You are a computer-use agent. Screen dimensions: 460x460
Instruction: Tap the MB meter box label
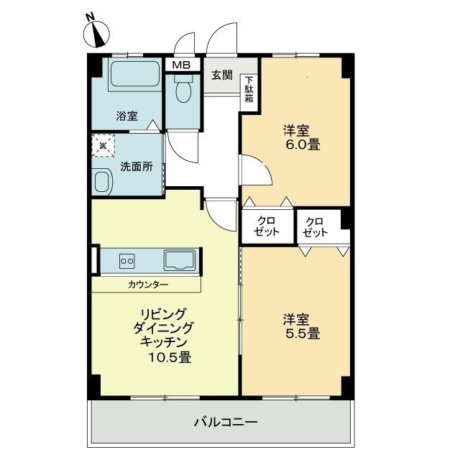coord(180,64)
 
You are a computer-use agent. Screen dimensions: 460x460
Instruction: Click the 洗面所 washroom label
coord(136,166)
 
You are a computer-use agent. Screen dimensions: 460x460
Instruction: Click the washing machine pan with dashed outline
coord(103,147)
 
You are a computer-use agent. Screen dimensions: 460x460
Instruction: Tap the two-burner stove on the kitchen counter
coord(127,260)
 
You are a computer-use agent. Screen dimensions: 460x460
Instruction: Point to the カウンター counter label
coord(149,285)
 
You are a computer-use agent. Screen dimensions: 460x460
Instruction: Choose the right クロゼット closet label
coord(316,226)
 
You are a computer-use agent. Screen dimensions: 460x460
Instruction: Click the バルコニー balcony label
coord(225,421)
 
